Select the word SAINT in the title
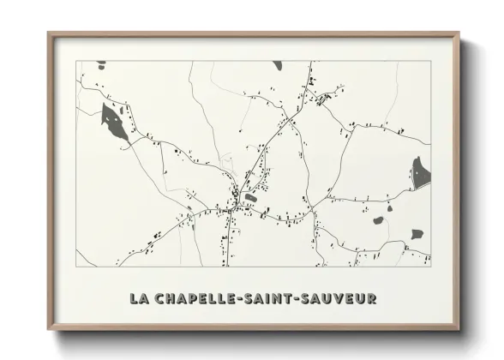point(270,299)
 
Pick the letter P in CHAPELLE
point(194,299)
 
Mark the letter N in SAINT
point(280,299)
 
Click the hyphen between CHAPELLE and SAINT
point(239,299)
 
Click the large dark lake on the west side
point(114,121)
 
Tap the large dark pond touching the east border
point(420,172)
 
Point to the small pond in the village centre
point(250,197)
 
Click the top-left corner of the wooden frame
point(49,33)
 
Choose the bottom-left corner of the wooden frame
point(49,328)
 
